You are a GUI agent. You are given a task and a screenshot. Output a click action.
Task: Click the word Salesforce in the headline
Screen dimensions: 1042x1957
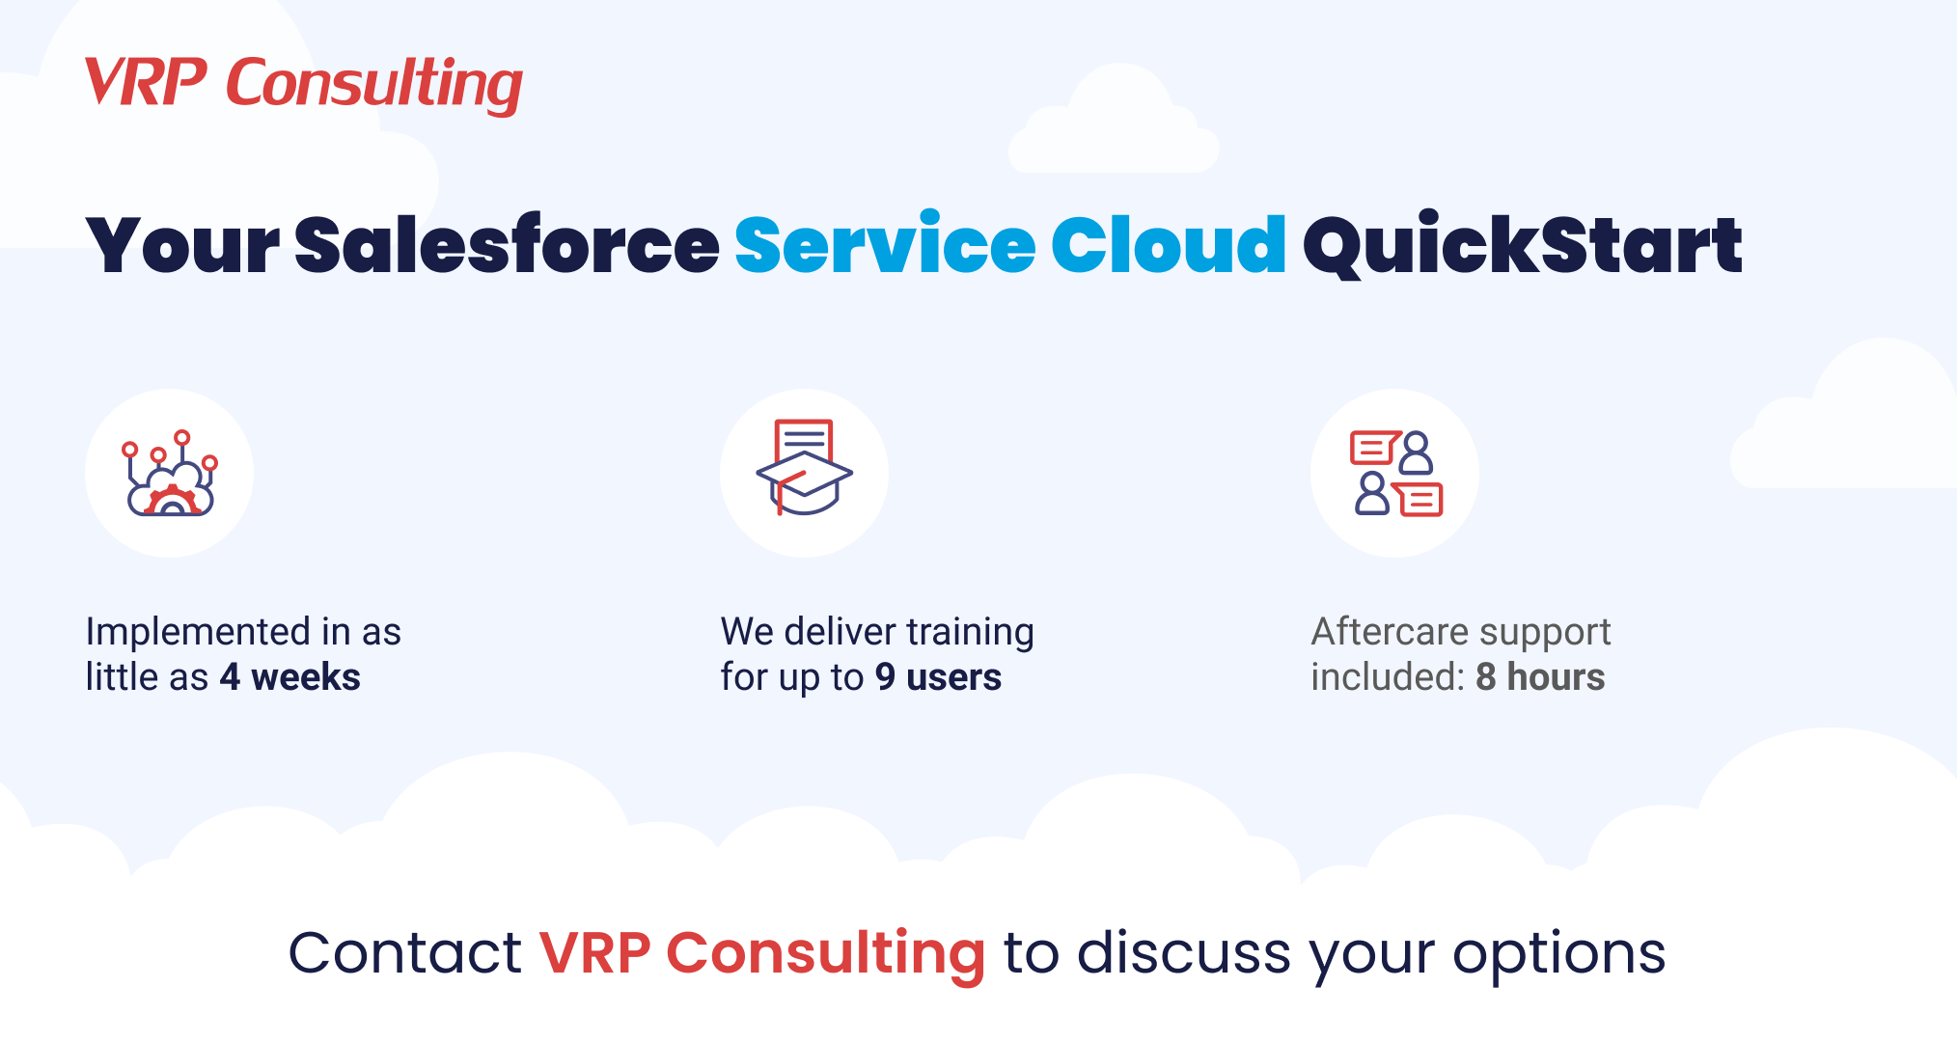(507, 246)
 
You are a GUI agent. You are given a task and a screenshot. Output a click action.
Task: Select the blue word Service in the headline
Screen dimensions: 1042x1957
(885, 246)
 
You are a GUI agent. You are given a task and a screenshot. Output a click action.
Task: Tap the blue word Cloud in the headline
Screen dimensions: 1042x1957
(1168, 246)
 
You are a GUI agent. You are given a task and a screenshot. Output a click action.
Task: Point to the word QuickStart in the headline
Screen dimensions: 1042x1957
(1522, 246)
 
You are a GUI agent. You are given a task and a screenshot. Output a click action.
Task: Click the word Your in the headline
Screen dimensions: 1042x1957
(182, 246)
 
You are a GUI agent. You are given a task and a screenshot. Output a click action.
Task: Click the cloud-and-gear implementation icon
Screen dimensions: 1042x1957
(170, 474)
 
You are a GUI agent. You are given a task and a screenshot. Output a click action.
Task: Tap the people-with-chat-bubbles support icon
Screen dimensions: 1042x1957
(1395, 473)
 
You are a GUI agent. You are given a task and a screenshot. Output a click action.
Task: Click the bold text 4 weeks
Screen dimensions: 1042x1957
(289, 677)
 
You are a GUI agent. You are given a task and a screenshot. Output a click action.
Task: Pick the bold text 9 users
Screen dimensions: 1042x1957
(938, 677)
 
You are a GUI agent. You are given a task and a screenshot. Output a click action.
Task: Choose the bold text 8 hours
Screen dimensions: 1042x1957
(1540, 677)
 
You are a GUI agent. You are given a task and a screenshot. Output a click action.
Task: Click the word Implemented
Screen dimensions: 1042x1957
(198, 633)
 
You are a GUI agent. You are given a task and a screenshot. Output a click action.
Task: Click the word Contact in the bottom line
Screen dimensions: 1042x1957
(404, 953)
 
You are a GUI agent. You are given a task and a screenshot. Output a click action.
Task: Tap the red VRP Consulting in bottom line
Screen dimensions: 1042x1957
(762, 953)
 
